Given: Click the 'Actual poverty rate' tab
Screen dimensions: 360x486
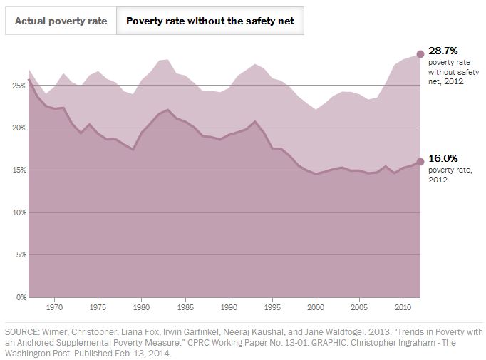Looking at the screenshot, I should (x=61, y=21).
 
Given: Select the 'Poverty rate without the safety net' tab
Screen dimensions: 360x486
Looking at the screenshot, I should (x=210, y=21).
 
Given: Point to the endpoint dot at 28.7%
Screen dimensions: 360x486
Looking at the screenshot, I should (x=420, y=53).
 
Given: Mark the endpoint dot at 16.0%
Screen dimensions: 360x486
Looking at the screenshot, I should (x=420, y=162).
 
